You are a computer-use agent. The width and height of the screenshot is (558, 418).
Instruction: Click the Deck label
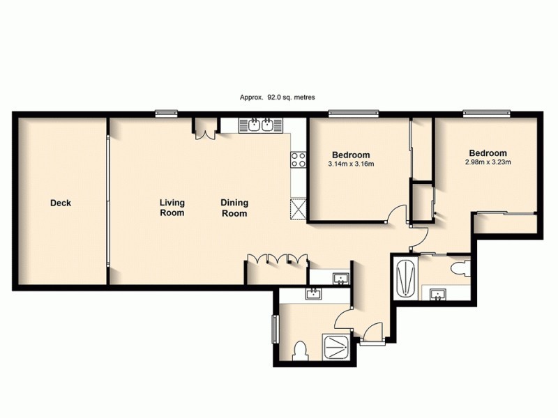click(x=61, y=203)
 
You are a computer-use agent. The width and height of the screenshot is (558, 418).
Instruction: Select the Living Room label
click(x=172, y=208)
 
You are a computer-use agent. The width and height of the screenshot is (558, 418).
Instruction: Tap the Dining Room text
click(x=234, y=208)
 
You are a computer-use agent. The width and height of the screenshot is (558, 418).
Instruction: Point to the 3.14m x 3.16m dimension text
click(x=352, y=164)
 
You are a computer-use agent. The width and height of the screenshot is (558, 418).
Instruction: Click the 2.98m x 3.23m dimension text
click(x=488, y=163)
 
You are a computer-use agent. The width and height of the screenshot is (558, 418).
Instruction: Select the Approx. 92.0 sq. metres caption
click(x=278, y=98)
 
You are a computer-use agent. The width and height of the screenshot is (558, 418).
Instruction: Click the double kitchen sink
click(x=259, y=125)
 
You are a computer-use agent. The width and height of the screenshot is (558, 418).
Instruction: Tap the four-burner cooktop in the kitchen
click(x=299, y=160)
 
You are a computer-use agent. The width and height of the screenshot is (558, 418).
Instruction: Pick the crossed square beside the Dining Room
click(x=299, y=208)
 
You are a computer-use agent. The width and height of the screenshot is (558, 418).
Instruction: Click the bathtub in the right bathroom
click(x=405, y=278)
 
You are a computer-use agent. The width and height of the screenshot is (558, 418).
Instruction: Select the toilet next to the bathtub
click(x=461, y=268)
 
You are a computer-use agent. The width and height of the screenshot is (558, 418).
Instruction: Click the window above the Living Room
click(x=166, y=113)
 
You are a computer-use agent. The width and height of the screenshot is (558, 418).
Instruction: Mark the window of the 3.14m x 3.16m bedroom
click(x=354, y=113)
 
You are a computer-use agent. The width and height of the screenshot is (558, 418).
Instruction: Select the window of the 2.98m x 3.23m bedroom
click(x=486, y=113)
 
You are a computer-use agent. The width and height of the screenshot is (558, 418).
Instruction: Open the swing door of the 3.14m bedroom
click(x=396, y=212)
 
